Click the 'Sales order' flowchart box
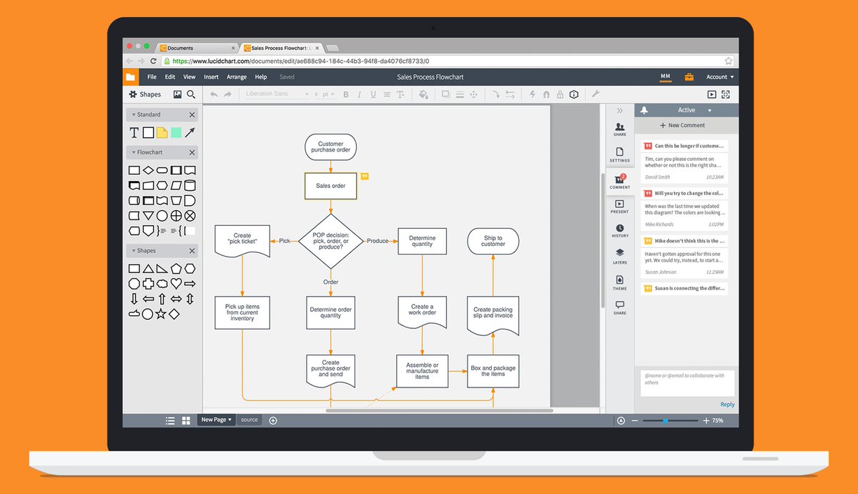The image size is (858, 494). pyautogui.click(x=330, y=186)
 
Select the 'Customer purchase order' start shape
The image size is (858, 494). pyautogui.click(x=330, y=147)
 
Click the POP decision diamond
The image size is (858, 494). pyautogui.click(x=330, y=241)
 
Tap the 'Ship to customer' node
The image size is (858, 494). pyautogui.click(x=493, y=241)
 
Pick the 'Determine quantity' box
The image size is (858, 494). pyautogui.click(x=422, y=241)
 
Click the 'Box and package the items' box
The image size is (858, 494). pyautogui.click(x=493, y=371)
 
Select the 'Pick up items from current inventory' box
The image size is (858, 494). pyautogui.click(x=242, y=312)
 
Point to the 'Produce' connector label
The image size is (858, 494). pyautogui.click(x=378, y=241)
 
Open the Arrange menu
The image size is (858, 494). pyautogui.click(x=237, y=77)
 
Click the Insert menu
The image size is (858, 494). pyautogui.click(x=211, y=77)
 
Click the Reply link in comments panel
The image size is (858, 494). pyautogui.click(x=727, y=405)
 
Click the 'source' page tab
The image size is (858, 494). pyautogui.click(x=250, y=420)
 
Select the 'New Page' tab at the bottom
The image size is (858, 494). pyautogui.click(x=216, y=420)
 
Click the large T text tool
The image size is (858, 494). pyautogui.click(x=134, y=132)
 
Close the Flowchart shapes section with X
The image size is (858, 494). pyautogui.click(x=192, y=152)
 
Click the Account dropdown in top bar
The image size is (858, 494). pyautogui.click(x=719, y=77)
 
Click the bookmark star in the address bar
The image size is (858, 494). pyautogui.click(x=729, y=61)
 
